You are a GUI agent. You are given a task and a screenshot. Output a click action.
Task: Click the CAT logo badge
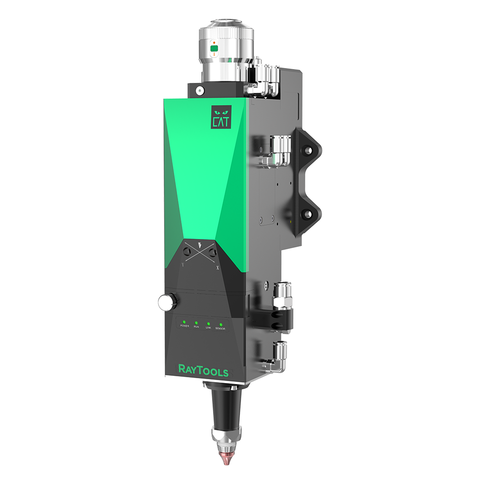(221, 118)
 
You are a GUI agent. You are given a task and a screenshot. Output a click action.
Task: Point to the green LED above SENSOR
(221, 325)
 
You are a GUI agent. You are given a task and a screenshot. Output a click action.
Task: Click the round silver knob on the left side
(168, 301)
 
